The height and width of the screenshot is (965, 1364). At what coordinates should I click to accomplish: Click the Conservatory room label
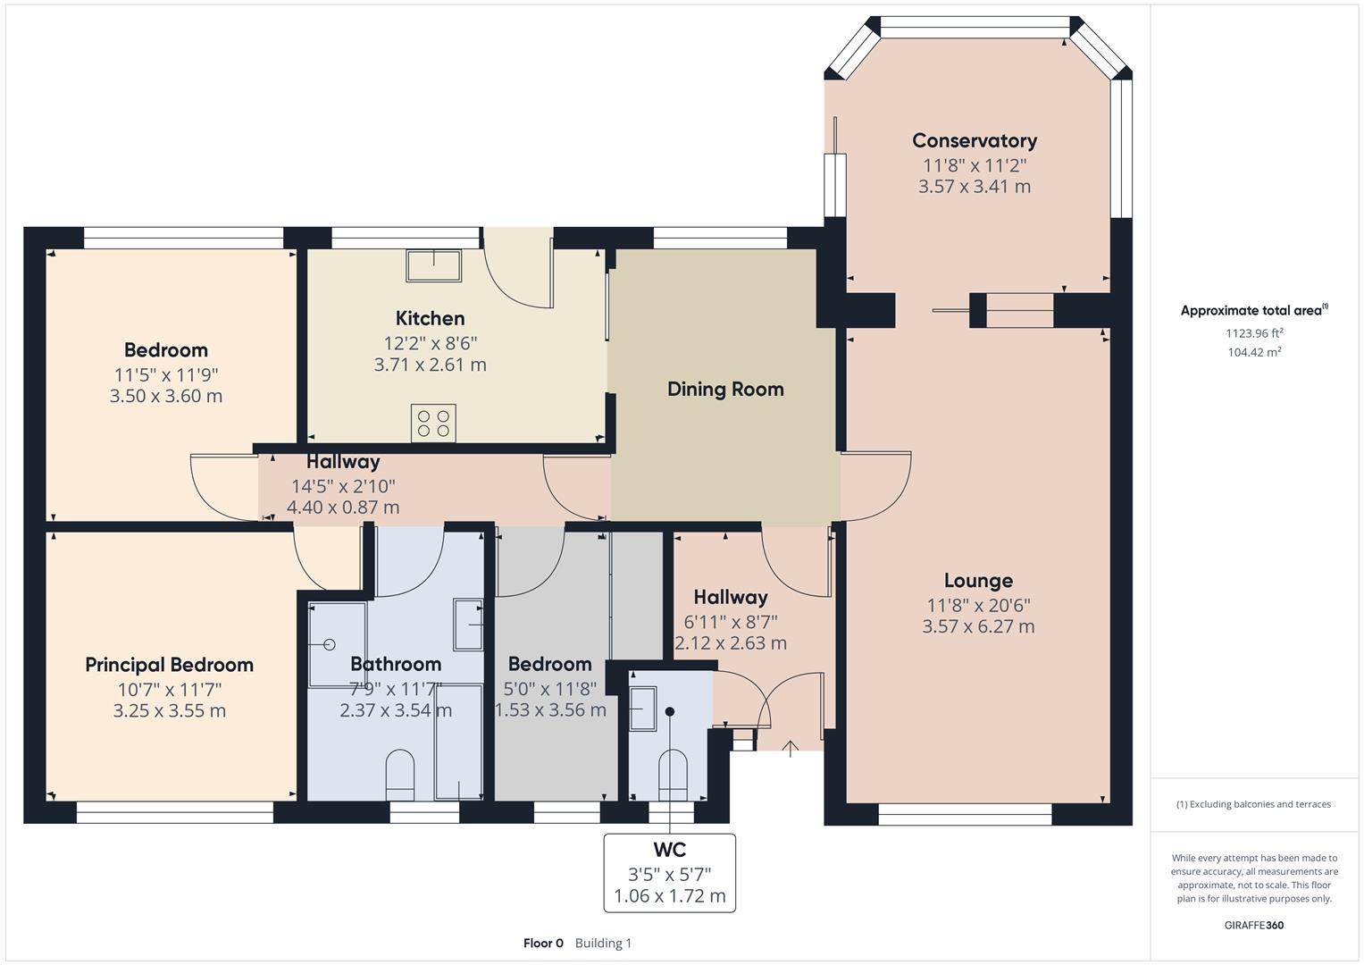pyautogui.click(x=975, y=140)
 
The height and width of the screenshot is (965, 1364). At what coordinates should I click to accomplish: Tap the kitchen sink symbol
pyautogui.click(x=434, y=265)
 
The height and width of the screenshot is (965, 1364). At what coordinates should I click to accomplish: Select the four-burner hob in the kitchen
pyautogui.click(x=434, y=423)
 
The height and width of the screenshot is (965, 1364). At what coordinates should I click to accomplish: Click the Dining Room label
pyautogui.click(x=725, y=389)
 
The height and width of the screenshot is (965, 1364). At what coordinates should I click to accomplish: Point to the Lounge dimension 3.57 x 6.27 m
pyautogui.click(x=978, y=626)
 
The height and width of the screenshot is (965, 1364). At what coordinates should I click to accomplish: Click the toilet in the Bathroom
pyautogui.click(x=399, y=773)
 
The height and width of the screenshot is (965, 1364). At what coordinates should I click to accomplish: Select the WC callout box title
pyautogui.click(x=670, y=850)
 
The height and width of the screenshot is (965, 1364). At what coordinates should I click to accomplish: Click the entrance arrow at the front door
pyautogui.click(x=791, y=748)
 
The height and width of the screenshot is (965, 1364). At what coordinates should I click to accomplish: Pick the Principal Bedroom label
pyautogui.click(x=169, y=665)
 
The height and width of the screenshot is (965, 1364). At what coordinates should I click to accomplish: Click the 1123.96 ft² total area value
pyautogui.click(x=1254, y=332)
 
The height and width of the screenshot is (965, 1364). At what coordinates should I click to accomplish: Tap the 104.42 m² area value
pyautogui.click(x=1254, y=352)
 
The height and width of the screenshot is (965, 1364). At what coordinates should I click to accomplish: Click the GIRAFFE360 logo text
pyautogui.click(x=1253, y=925)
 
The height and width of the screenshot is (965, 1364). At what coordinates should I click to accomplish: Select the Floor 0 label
pyautogui.click(x=543, y=943)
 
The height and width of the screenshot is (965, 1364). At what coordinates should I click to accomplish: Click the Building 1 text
pyautogui.click(x=603, y=943)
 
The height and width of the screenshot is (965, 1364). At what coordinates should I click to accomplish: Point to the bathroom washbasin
pyautogui.click(x=468, y=624)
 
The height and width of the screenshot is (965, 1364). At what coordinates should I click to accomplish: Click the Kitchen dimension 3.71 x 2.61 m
pyautogui.click(x=430, y=365)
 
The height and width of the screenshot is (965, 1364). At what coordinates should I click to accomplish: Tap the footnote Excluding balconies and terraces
pyautogui.click(x=1253, y=804)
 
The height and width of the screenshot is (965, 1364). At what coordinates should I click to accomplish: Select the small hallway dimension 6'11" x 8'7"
pyautogui.click(x=730, y=620)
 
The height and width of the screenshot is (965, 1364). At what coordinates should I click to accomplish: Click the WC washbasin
pyautogui.click(x=643, y=708)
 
